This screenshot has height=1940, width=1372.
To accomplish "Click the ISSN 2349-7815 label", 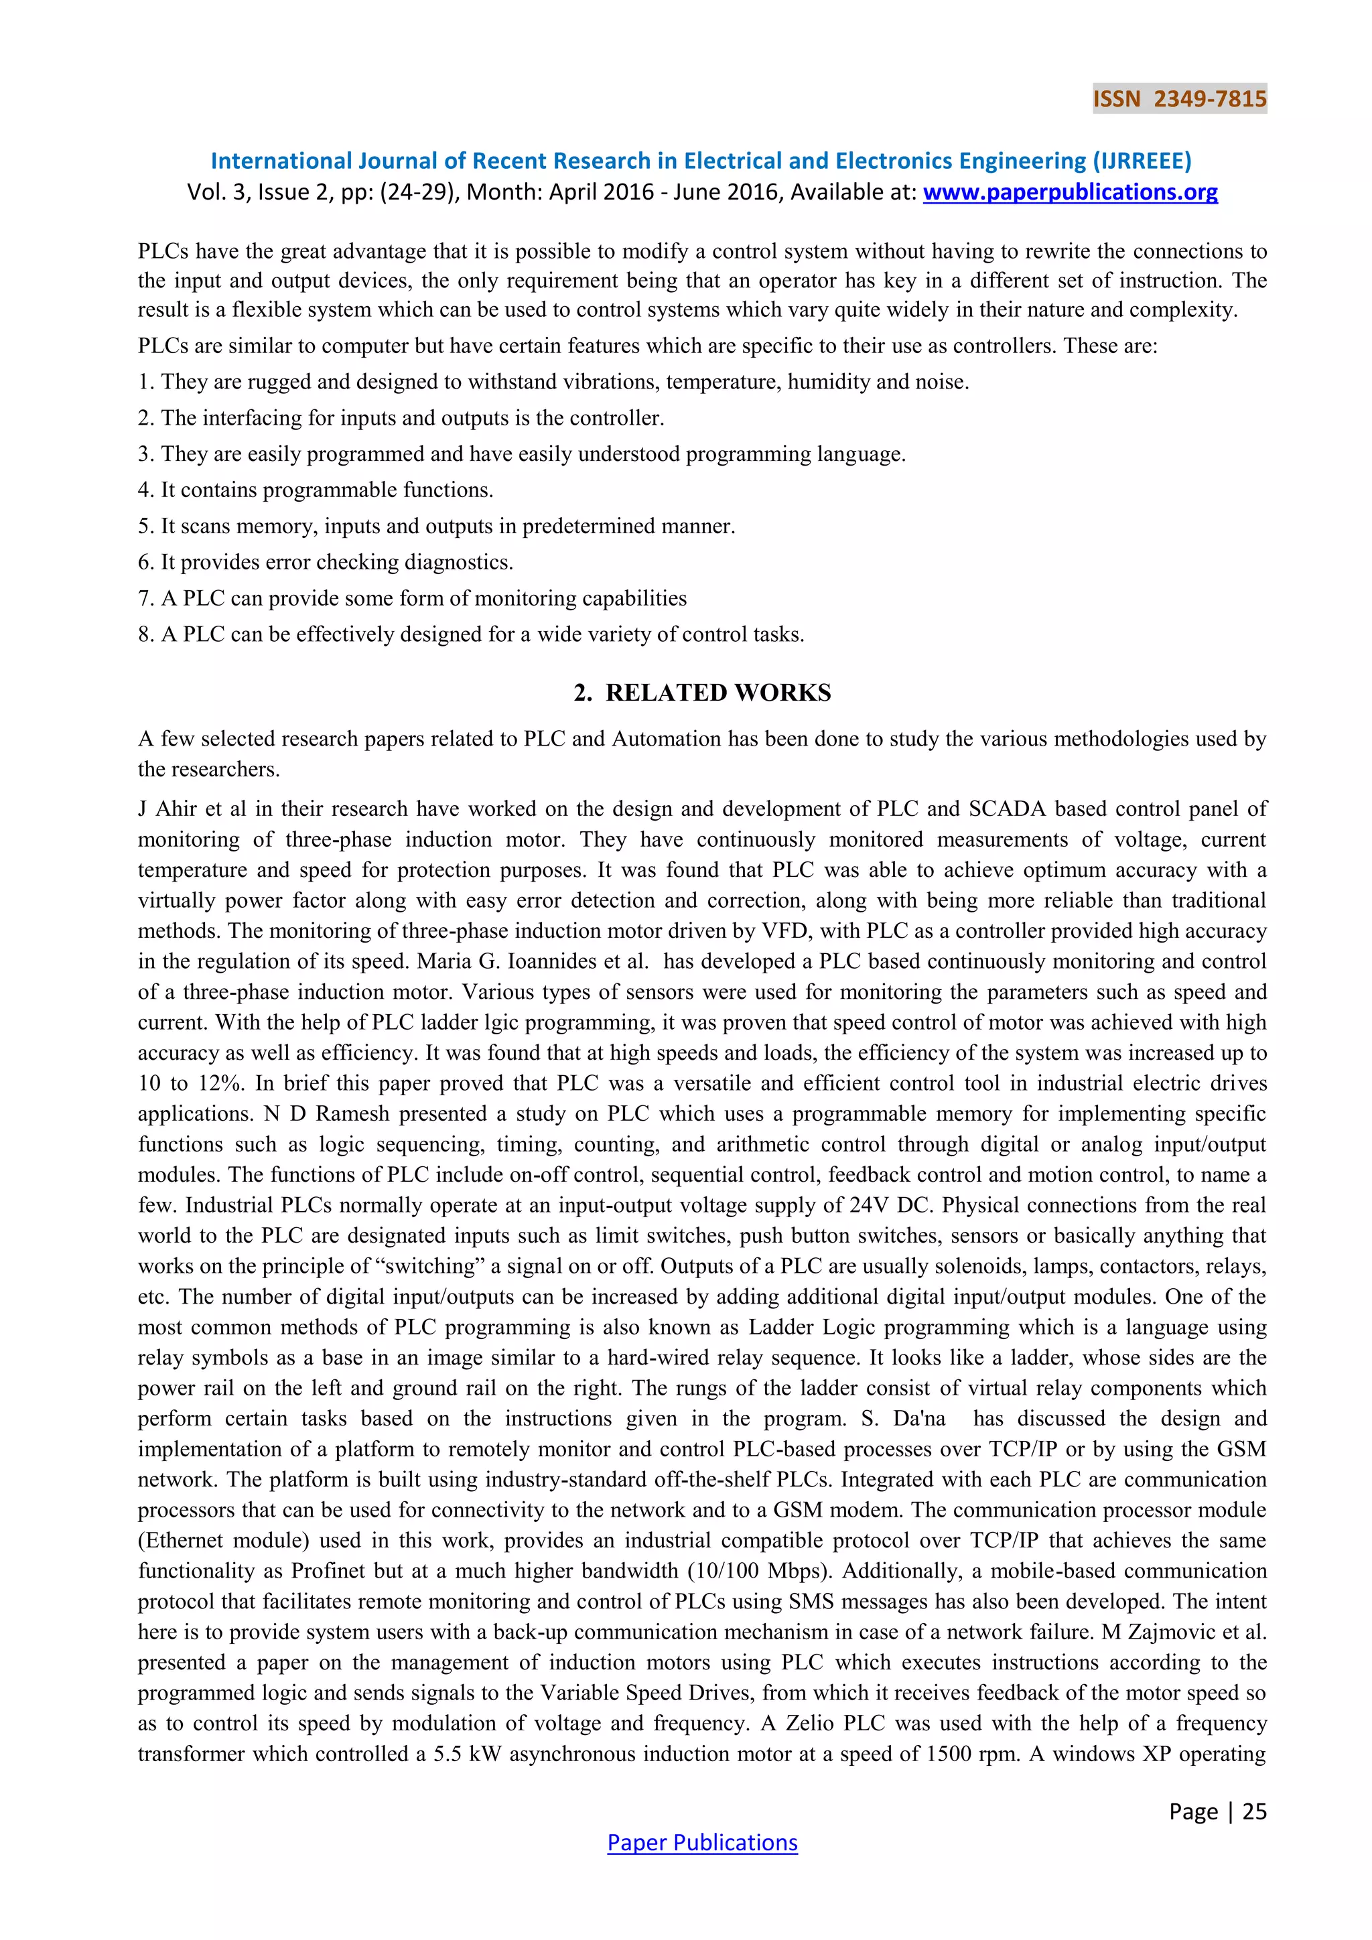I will coord(1179,99).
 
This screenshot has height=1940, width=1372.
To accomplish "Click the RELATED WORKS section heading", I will coord(702,693).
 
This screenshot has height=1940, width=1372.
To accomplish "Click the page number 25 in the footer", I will coord(1255,1811).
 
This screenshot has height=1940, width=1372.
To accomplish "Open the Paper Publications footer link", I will coord(702,1842).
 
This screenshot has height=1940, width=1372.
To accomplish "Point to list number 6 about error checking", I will coord(145,562).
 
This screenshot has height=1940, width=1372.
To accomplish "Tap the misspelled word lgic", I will coord(502,1022).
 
